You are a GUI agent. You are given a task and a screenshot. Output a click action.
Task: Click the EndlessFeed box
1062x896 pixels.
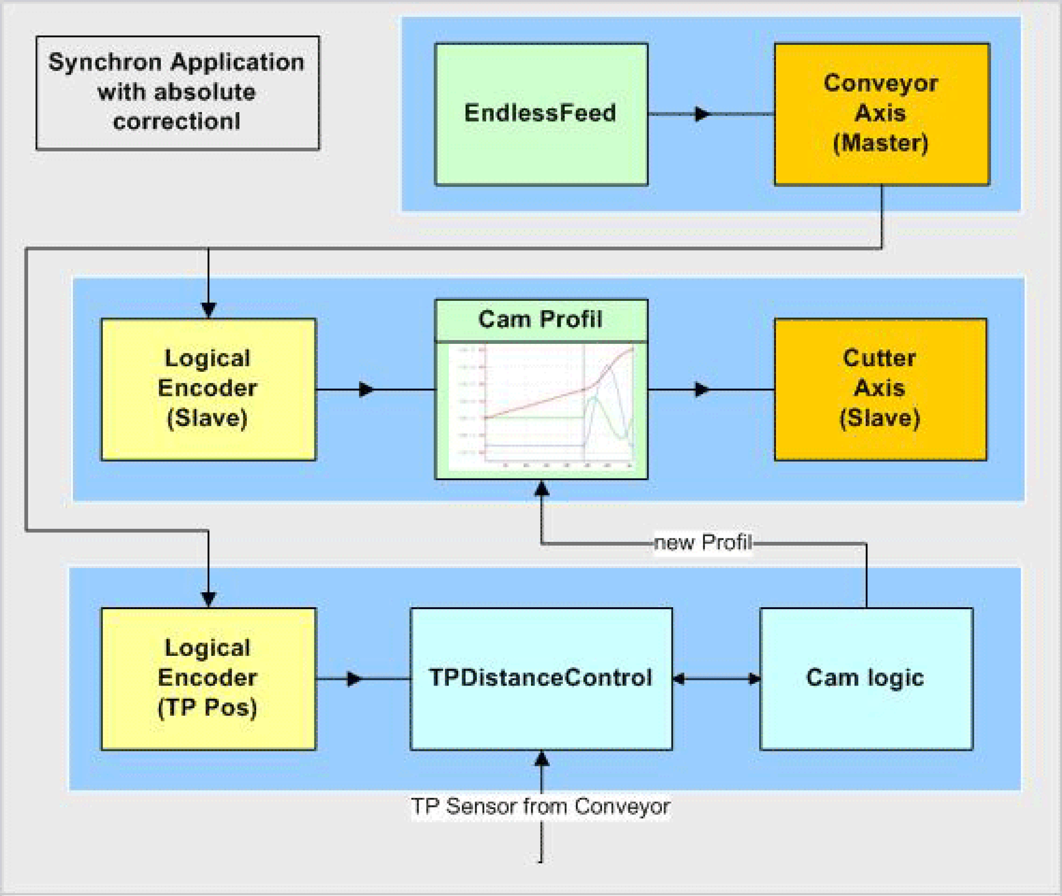click(541, 114)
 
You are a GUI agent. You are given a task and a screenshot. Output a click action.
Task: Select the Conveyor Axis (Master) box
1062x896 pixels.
click(882, 114)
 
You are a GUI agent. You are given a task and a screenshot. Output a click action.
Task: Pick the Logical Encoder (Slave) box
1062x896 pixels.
click(208, 389)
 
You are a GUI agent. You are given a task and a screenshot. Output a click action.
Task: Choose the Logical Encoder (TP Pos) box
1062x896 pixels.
click(208, 679)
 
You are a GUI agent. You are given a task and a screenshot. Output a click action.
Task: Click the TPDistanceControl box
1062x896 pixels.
click(541, 679)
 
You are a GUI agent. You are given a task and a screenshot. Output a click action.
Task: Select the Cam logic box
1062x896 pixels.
click(866, 679)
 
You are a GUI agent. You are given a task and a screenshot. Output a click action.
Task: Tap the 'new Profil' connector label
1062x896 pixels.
click(702, 543)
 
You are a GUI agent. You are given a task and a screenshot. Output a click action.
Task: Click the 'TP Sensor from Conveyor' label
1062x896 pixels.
click(540, 806)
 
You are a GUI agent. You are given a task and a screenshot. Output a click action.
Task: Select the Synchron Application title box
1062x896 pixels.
click(177, 93)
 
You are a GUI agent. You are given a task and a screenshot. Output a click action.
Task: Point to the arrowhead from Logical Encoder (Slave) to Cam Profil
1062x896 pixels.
click(366, 389)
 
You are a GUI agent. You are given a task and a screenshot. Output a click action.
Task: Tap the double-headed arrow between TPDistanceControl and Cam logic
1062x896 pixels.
click(716, 679)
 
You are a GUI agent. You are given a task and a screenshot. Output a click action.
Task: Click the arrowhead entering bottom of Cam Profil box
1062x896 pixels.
click(542, 488)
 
